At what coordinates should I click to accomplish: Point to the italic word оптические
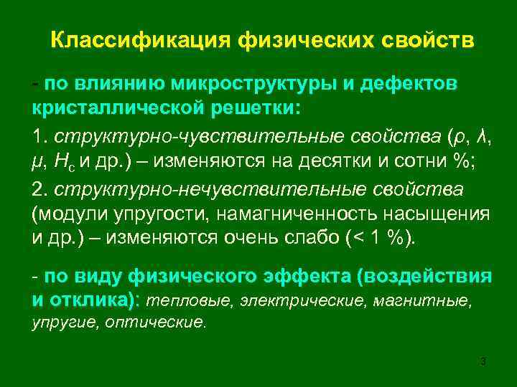coord(155,322)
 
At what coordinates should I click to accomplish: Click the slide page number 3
coord(483,360)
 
